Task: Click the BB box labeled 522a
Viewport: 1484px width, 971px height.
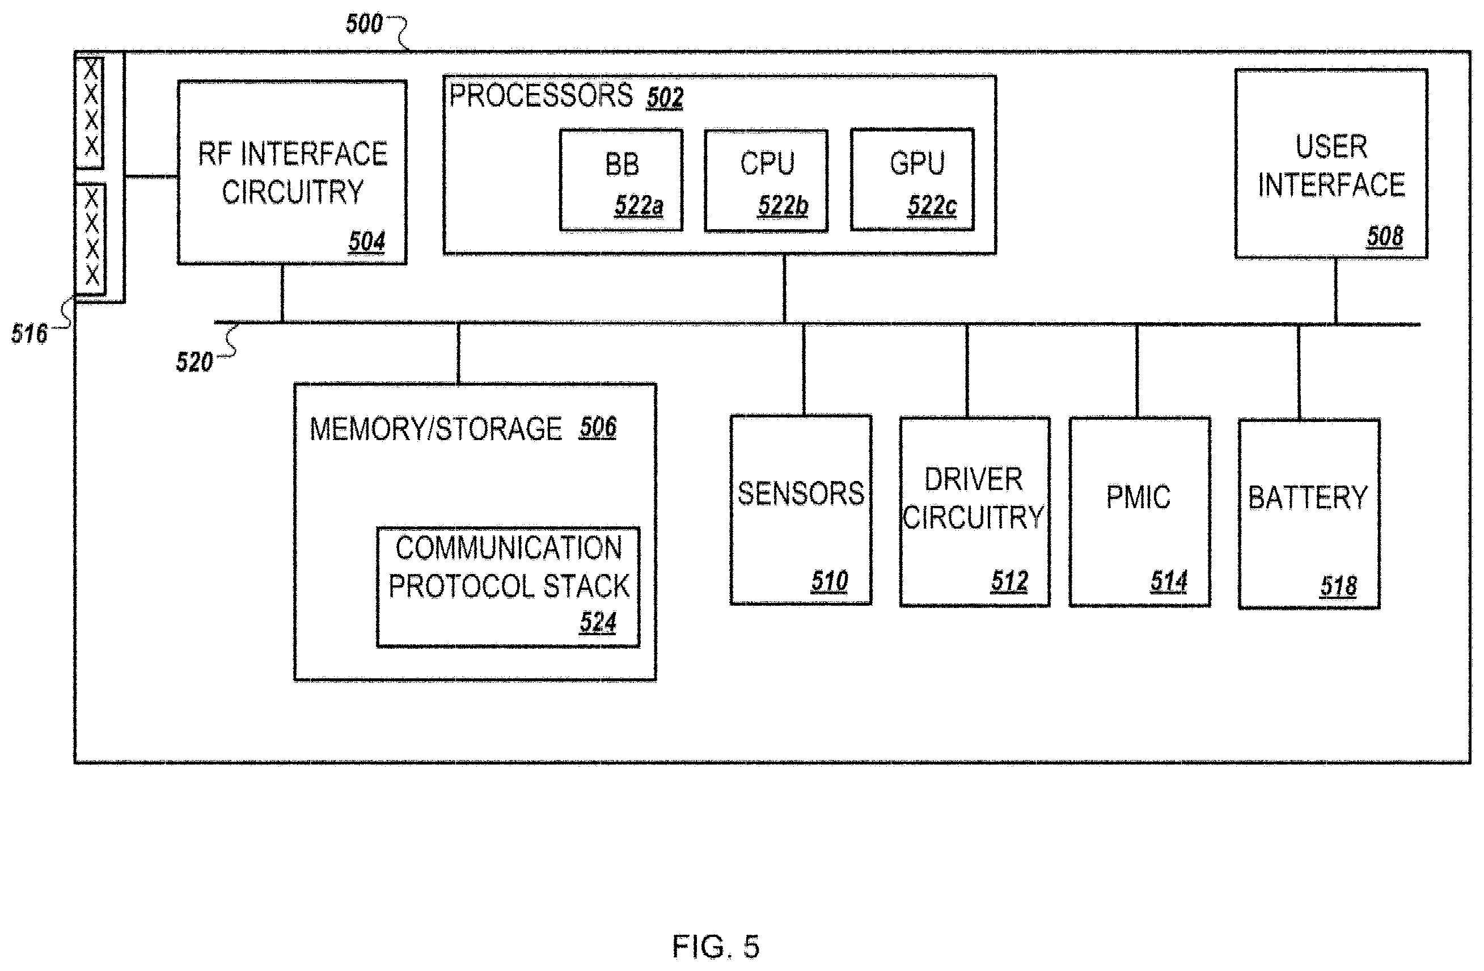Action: (621, 180)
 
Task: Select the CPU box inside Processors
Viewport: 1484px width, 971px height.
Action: (766, 181)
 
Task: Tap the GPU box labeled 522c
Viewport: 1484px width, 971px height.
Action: (912, 180)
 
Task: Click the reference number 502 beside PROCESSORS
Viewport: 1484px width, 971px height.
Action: (665, 98)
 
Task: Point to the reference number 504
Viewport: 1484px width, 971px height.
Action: (367, 242)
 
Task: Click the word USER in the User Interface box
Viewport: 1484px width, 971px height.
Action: (1331, 147)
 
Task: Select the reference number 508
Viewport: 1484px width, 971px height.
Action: (1385, 237)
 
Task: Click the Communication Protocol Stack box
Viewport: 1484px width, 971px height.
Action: (508, 587)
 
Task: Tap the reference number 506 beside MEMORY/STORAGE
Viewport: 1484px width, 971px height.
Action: (598, 428)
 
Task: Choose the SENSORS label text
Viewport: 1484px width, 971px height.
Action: (801, 494)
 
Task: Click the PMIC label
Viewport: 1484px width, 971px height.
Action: (1139, 497)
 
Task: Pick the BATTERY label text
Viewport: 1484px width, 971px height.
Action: (1308, 499)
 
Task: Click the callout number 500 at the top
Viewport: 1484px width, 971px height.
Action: (364, 24)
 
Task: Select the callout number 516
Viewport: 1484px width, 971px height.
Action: (29, 334)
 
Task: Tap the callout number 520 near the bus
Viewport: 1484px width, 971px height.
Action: (195, 362)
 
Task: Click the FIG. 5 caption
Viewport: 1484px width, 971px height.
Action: (716, 947)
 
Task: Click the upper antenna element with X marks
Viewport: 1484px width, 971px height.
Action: (90, 112)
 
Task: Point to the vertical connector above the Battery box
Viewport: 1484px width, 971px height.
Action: (1299, 372)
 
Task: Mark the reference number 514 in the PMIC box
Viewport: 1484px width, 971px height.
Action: (1169, 582)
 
